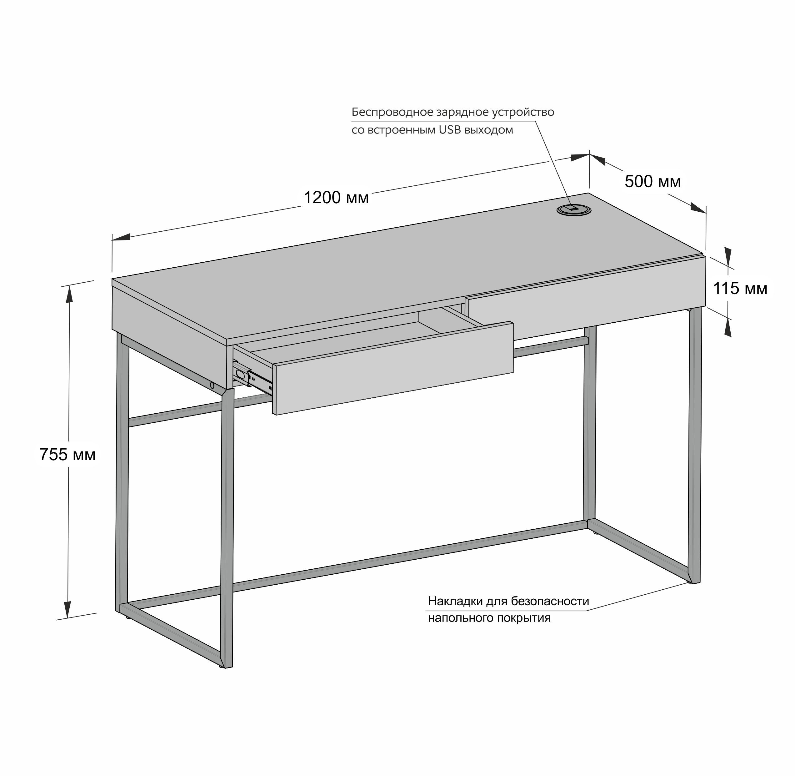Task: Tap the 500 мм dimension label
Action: click(652, 181)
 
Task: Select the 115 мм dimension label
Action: click(740, 289)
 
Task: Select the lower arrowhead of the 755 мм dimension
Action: click(67, 610)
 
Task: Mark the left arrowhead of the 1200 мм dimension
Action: click(121, 237)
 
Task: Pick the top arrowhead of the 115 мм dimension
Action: click(728, 257)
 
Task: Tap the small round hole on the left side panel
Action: click(212, 385)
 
